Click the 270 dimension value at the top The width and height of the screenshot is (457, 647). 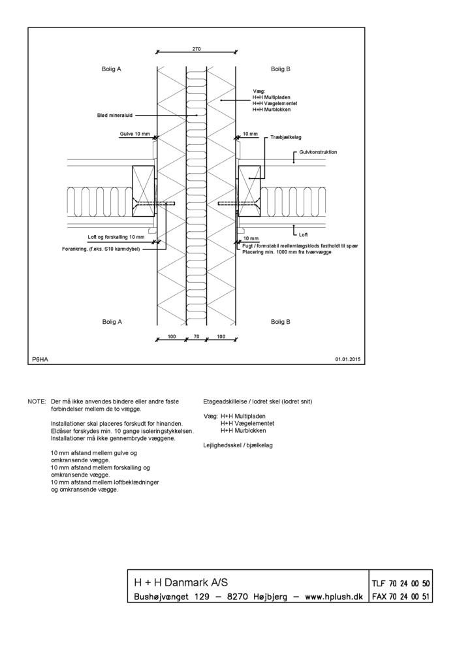point(197,48)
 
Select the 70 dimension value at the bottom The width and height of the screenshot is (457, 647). point(197,336)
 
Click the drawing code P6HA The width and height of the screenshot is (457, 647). point(40,359)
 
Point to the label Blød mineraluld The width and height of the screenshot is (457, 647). point(114,115)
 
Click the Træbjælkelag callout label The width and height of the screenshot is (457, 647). point(285,138)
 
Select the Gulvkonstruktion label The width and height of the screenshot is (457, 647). point(318,151)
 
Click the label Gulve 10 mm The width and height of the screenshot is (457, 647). point(134,134)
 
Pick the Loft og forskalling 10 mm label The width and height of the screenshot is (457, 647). point(116,237)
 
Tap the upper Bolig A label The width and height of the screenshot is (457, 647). point(112,69)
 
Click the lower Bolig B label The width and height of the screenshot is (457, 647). point(280,321)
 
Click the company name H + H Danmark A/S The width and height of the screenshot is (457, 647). point(181,582)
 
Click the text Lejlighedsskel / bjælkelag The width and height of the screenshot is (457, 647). point(238,445)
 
